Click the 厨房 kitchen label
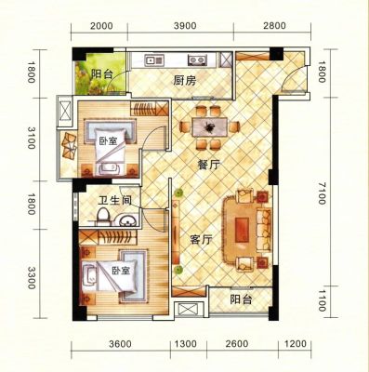tap(185, 81)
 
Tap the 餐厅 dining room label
tap(208, 165)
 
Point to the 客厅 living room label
tap(201, 239)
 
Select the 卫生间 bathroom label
tap(114, 201)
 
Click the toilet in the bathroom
tap(103, 216)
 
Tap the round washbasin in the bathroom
tap(127, 220)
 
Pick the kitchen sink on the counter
tap(154, 60)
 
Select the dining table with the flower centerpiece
tap(210, 126)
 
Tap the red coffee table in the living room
tap(242, 230)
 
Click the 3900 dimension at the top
tap(185, 25)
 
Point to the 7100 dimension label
tap(323, 193)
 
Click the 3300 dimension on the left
tap(31, 278)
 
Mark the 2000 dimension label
tap(101, 25)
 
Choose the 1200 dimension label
tap(296, 343)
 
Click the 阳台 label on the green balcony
tap(101, 74)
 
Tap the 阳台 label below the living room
tap(241, 299)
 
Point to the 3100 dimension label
tap(31, 138)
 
